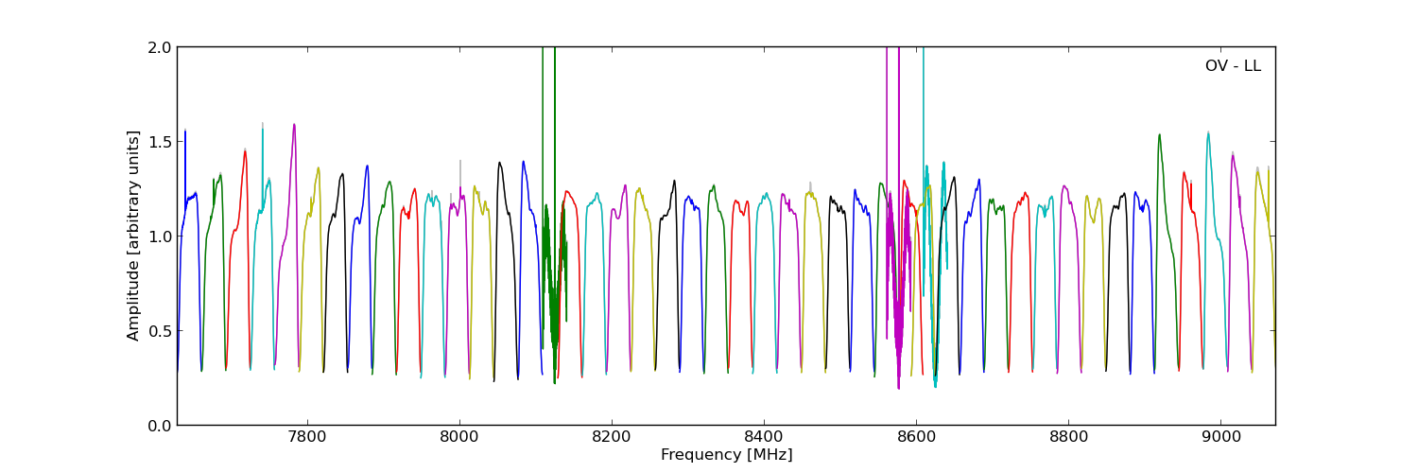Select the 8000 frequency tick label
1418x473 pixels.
(x=458, y=438)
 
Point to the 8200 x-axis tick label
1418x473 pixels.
(x=611, y=438)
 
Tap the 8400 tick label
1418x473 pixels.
(x=763, y=438)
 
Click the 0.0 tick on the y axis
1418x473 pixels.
(x=160, y=426)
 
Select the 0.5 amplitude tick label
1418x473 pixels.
(x=160, y=331)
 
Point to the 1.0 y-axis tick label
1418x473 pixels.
(x=160, y=236)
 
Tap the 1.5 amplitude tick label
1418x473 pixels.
(x=160, y=142)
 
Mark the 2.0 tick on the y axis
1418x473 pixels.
(x=160, y=47)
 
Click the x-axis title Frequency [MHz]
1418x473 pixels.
(x=726, y=455)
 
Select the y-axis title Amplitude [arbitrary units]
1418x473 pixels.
(x=134, y=236)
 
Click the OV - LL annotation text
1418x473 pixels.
(x=1232, y=66)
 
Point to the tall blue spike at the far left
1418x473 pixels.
(x=185, y=131)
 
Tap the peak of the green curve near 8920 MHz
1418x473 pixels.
(x=1159, y=134)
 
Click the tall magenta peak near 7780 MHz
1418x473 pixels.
(x=294, y=125)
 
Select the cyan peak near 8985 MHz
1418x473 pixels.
(x=1207, y=132)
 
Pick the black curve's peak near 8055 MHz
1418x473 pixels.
(x=499, y=163)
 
